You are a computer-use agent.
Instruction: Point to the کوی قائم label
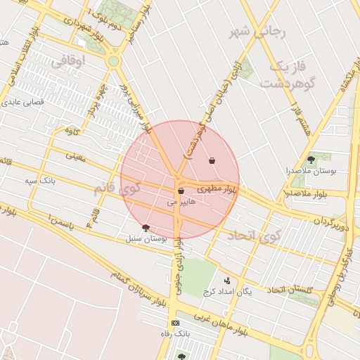click(117, 188)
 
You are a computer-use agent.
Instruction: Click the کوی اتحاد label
click(253, 236)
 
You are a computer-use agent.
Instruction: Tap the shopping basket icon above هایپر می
click(181, 191)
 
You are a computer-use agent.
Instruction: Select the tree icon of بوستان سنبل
click(146, 227)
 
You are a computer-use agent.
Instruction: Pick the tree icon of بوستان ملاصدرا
click(311, 160)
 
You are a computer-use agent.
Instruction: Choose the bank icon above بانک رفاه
click(175, 323)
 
